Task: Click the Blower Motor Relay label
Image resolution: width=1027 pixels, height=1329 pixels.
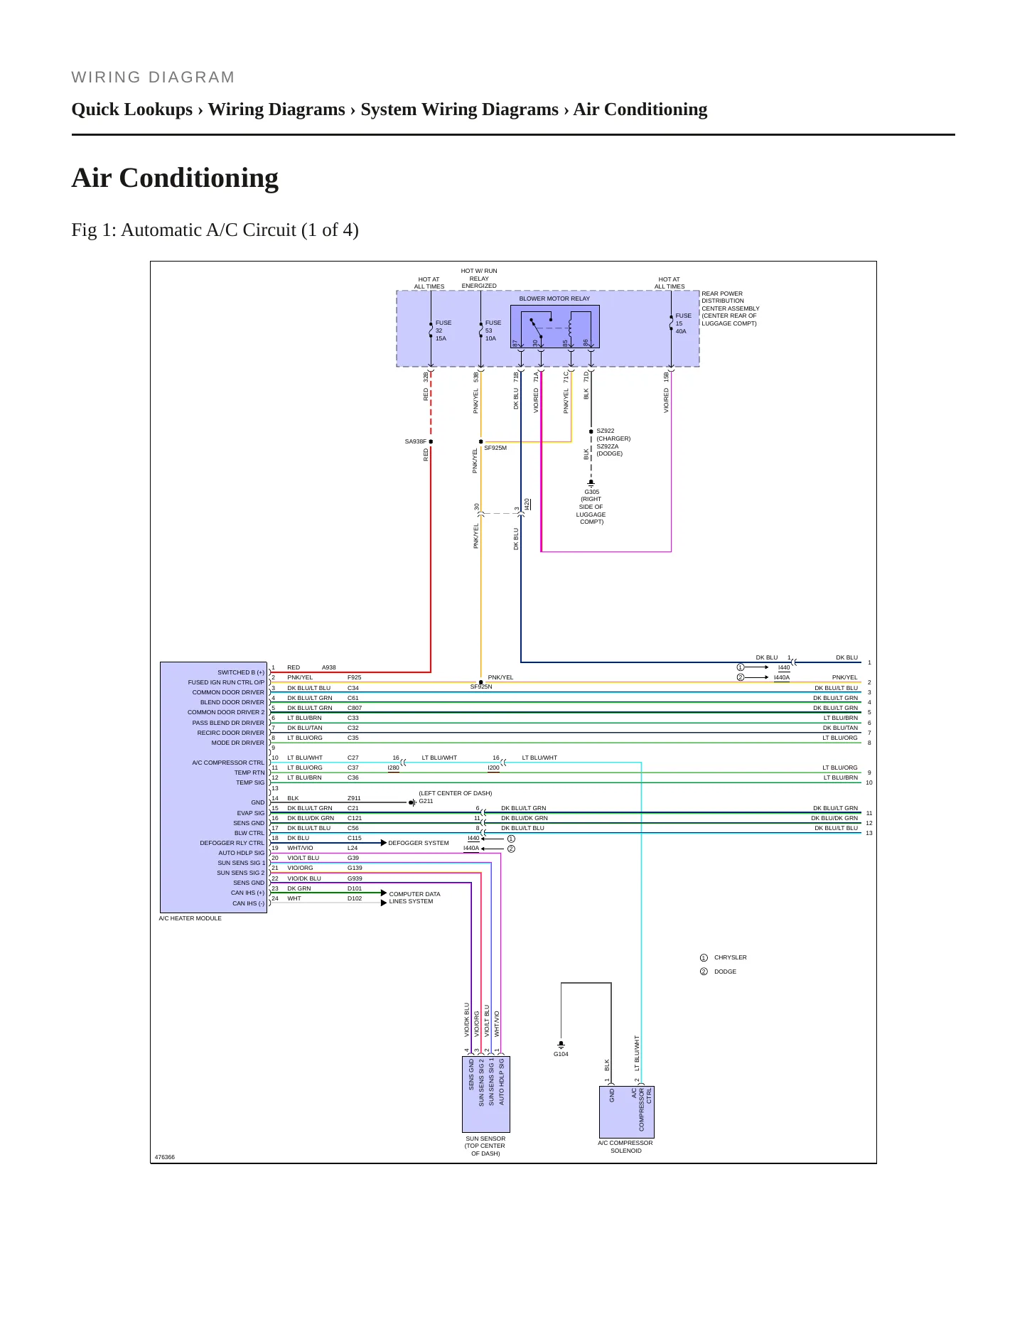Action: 554,298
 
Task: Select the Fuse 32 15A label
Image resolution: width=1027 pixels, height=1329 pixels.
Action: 443,330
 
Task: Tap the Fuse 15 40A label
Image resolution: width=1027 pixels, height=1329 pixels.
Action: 683,323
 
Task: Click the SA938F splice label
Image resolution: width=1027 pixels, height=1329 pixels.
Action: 416,441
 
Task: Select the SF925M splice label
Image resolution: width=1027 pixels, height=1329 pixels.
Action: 495,448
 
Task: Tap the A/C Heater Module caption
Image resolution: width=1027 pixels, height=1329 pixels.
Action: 190,918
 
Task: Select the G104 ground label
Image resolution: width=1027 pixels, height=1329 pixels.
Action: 561,1054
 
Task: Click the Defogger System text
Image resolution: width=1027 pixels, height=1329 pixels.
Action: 419,843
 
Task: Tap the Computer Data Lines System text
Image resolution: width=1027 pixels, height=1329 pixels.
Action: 414,898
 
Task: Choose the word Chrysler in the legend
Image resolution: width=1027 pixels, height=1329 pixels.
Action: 731,957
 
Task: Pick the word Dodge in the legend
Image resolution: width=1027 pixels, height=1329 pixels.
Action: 725,972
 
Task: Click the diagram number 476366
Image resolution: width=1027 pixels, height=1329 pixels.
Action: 165,1157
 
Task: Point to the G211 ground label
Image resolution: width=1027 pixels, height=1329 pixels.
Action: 426,801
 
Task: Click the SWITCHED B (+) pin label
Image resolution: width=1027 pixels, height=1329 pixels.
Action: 241,672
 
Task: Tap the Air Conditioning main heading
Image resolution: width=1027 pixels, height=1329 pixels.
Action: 175,178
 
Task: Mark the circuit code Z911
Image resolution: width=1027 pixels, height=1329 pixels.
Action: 354,798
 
